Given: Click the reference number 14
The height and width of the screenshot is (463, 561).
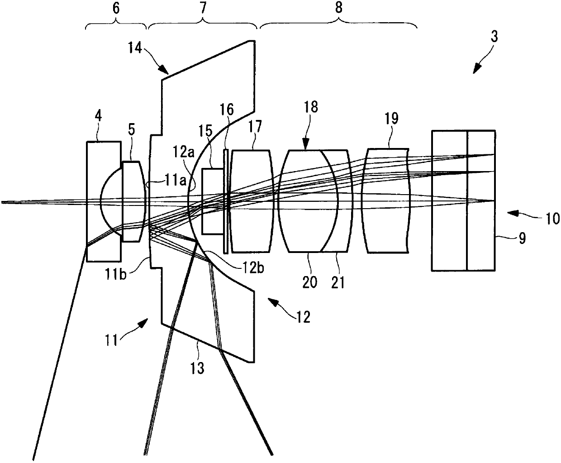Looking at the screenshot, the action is point(135,48).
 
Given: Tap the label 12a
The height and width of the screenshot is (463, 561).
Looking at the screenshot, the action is point(183,153).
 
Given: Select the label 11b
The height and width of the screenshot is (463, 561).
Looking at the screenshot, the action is point(115,274).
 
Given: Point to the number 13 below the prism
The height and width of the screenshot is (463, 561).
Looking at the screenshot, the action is point(197,368).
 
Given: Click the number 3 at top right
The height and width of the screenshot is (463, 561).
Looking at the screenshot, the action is point(494,36).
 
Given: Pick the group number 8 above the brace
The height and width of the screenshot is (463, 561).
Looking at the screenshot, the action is point(339,8).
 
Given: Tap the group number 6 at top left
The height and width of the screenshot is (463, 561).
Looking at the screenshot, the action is point(116,8).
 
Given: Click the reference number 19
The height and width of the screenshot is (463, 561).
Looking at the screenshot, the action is point(391,118).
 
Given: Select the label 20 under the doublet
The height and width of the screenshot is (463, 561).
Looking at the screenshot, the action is point(310,282).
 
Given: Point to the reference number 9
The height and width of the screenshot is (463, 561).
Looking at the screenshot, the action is point(522,238).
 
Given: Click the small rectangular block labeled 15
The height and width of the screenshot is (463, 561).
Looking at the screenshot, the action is point(213,201).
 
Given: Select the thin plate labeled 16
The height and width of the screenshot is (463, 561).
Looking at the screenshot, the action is point(226,201).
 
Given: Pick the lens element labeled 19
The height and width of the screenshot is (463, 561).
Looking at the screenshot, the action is point(386,200).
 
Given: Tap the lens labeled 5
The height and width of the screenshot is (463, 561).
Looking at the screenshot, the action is point(133,201).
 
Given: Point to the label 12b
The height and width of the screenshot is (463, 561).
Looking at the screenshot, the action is point(253,268).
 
